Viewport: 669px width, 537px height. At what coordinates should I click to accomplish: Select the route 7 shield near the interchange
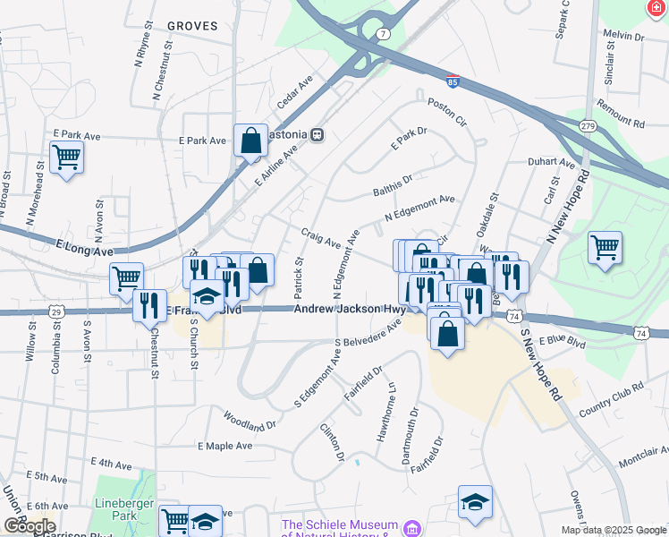click(383, 33)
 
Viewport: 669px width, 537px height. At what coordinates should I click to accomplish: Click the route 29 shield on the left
click(56, 311)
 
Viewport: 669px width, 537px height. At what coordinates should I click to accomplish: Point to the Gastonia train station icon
click(317, 135)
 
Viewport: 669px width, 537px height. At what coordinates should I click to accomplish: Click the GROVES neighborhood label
click(191, 26)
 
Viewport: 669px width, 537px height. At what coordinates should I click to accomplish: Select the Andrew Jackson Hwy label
click(350, 310)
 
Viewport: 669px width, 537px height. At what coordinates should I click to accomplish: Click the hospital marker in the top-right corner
click(658, 7)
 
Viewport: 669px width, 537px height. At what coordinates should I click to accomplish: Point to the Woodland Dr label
click(250, 420)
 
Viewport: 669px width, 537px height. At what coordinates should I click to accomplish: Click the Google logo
click(29, 526)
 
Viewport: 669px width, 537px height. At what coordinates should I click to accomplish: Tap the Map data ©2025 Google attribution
click(613, 530)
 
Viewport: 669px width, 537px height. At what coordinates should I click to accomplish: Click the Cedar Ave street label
click(294, 92)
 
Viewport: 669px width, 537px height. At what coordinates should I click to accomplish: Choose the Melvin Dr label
click(623, 37)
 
